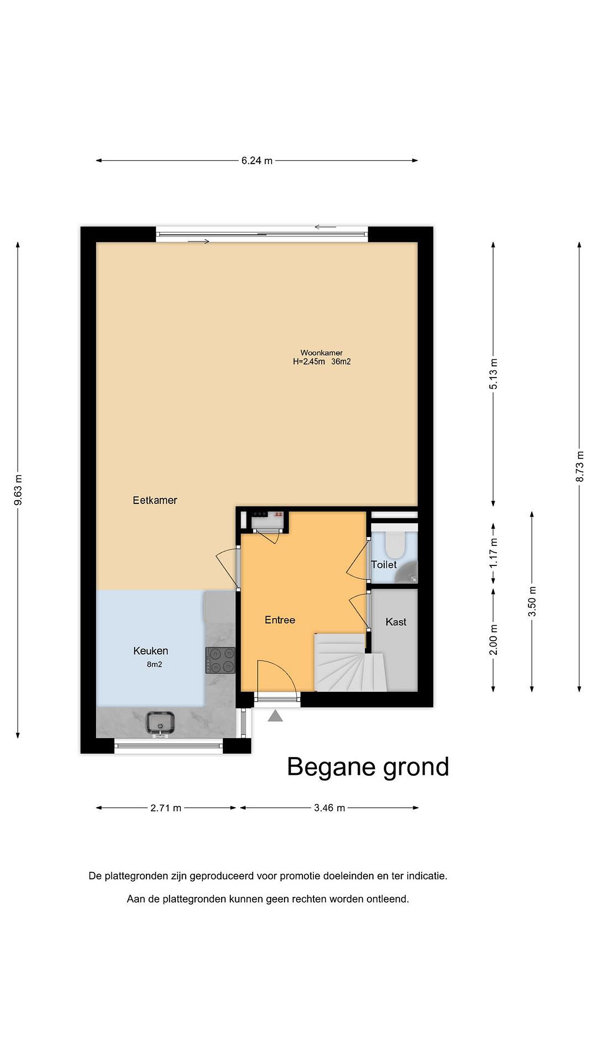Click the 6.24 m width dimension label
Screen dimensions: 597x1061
point(257,161)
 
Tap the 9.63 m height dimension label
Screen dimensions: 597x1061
point(18,490)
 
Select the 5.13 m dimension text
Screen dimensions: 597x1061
point(493,374)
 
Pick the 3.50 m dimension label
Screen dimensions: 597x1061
point(532,601)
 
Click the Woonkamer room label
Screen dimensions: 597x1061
point(321,353)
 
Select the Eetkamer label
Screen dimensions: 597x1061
point(155,500)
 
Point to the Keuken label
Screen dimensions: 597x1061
point(151,651)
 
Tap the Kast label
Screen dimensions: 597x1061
point(396,622)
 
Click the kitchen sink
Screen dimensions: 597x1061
point(160,723)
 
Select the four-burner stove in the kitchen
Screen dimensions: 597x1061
point(220,660)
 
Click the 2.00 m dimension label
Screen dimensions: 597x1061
point(493,640)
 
